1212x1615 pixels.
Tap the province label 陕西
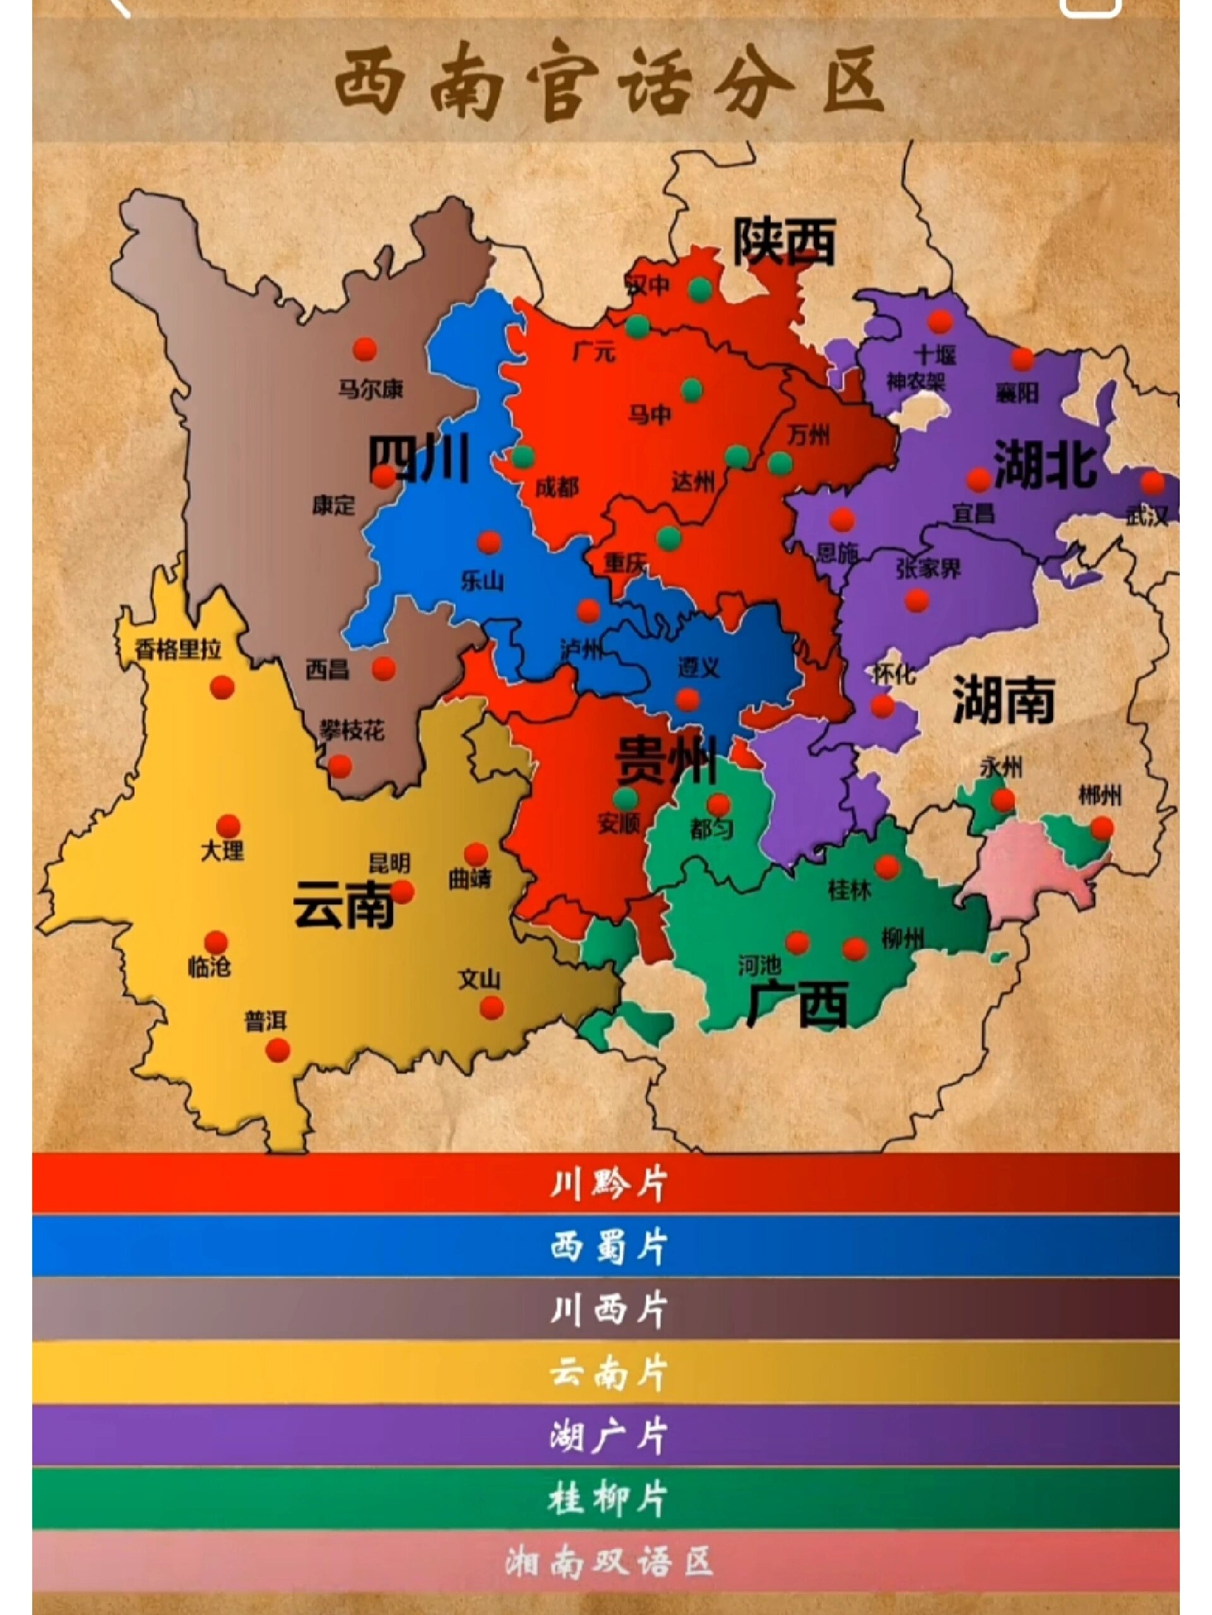[784, 242]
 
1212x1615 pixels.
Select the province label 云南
[343, 904]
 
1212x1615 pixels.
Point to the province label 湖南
[1003, 700]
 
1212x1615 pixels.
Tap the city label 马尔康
[370, 389]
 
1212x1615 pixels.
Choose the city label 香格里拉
[177, 649]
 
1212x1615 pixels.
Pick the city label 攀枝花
[352, 730]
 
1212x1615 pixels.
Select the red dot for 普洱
[278, 1050]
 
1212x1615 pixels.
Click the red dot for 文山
[492, 1008]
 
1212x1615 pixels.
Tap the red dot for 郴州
[1102, 828]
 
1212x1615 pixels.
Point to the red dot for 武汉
[1153, 483]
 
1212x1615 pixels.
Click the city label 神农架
[916, 382]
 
